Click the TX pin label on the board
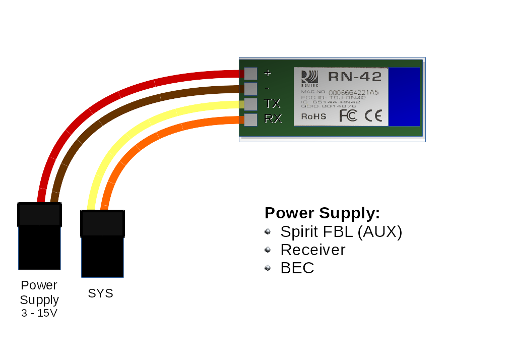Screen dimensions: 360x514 click(x=272, y=104)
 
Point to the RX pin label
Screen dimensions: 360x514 click(x=273, y=119)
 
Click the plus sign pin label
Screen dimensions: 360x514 click(x=268, y=73)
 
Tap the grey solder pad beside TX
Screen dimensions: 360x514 click(x=250, y=104)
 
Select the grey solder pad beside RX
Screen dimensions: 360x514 click(x=250, y=119)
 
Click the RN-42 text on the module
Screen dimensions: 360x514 click(x=355, y=77)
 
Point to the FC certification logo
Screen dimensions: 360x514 click(x=348, y=115)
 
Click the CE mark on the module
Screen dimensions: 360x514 click(x=373, y=116)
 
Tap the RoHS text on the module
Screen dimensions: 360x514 click(x=313, y=116)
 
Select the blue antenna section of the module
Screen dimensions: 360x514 click(x=404, y=97)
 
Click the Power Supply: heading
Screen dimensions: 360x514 click(x=322, y=213)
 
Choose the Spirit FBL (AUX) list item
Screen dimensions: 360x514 click(x=341, y=232)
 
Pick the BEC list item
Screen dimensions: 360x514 click(x=297, y=268)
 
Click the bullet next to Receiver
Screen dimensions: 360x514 click(x=268, y=250)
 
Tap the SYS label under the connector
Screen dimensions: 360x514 click(x=101, y=293)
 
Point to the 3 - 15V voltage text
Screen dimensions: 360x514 click(x=39, y=313)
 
